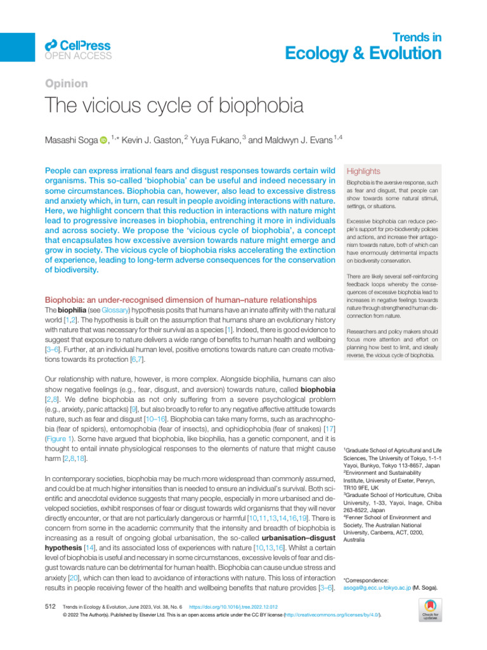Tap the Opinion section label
pyautogui.click(x=66, y=84)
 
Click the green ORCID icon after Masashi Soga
pyautogui.click(x=103, y=140)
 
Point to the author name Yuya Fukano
pyautogui.click(x=214, y=140)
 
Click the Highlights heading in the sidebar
pyautogui.click(x=362, y=171)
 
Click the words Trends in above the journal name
pyautogui.click(x=418, y=37)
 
